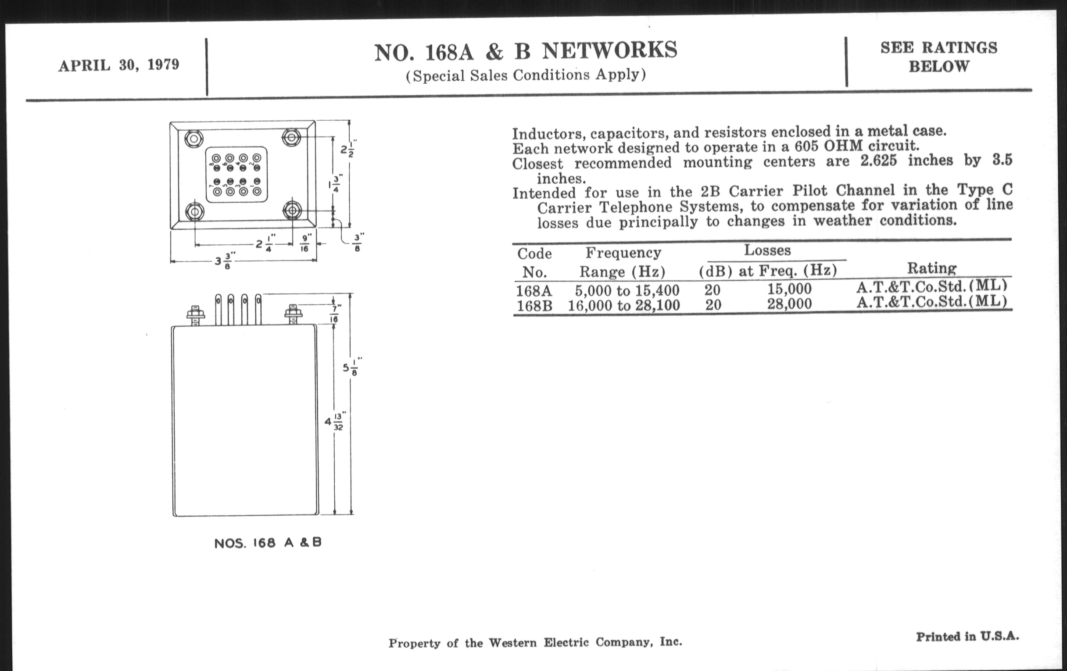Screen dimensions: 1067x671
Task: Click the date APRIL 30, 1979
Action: (x=119, y=65)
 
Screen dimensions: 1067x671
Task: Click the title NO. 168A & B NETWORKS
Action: (x=526, y=51)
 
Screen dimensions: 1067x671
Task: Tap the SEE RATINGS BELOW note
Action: (x=938, y=57)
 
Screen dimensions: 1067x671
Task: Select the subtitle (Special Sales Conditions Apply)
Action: (x=526, y=75)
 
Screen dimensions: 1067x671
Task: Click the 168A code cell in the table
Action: (x=534, y=290)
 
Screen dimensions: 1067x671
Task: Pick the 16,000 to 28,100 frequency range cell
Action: (x=624, y=305)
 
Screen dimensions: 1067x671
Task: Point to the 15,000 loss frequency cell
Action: (x=790, y=289)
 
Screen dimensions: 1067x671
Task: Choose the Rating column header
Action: (x=932, y=268)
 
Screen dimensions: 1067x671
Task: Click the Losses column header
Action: (x=767, y=250)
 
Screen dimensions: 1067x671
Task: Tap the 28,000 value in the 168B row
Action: (x=790, y=304)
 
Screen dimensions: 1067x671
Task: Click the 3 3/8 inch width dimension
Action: (x=225, y=261)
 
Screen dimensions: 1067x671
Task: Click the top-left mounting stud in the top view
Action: (x=193, y=139)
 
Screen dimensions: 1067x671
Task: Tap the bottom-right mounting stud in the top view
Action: (x=292, y=210)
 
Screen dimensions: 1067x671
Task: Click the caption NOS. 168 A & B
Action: (x=268, y=543)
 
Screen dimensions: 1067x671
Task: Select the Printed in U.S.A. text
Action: (x=967, y=637)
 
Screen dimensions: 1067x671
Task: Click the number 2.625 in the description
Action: (x=878, y=161)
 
